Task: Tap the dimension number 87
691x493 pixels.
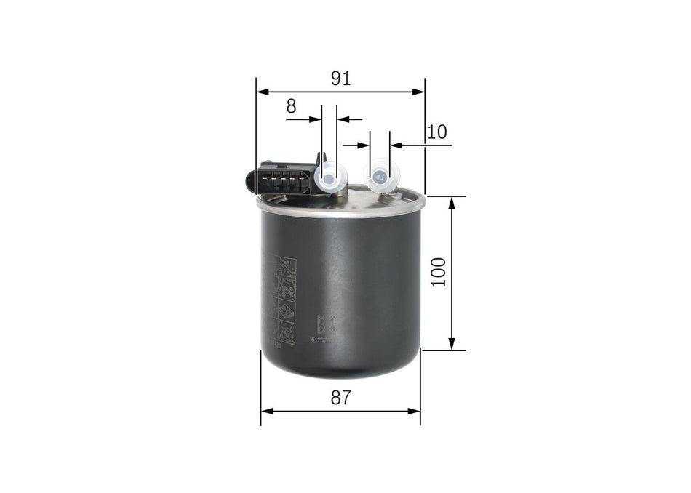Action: click(x=340, y=397)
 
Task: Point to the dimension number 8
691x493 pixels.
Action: click(x=291, y=106)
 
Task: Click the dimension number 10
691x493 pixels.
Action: click(x=437, y=132)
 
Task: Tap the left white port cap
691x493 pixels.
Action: click(x=329, y=177)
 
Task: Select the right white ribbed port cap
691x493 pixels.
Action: click(x=381, y=176)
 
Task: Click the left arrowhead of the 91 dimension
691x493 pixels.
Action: click(x=263, y=92)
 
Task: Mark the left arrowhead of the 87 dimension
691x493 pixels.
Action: click(x=267, y=411)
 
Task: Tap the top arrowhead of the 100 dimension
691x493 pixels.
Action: click(x=452, y=202)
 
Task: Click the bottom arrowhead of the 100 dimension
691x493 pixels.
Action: click(x=452, y=344)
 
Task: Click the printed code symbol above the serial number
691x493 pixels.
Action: click(x=321, y=324)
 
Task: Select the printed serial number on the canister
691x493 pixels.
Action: click(x=322, y=339)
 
